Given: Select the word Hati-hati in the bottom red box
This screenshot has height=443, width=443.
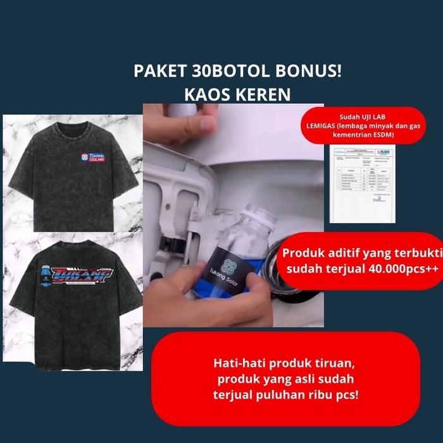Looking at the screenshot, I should (x=236, y=364).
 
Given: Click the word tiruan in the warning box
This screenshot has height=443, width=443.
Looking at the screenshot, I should (x=340, y=364).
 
